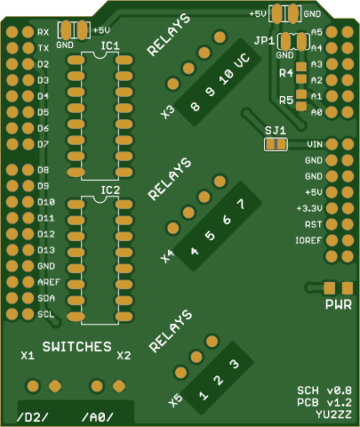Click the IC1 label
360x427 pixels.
coord(110,46)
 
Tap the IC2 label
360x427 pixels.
coord(110,190)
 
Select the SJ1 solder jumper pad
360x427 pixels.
coord(276,144)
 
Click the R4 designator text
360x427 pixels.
coord(286,73)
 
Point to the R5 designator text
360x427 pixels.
coord(286,101)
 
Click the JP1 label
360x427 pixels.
coord(264,41)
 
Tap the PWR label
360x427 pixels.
coord(339,304)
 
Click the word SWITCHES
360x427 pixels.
coord(76,347)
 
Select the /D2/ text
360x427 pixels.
coord(32,417)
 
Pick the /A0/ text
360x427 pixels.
coord(98,417)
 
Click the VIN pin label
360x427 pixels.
coord(315,144)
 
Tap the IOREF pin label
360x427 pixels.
coord(308,240)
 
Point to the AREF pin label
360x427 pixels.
coord(49,282)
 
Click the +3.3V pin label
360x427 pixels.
coord(309,208)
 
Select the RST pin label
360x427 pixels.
coord(314,224)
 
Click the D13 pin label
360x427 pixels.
coord(46,250)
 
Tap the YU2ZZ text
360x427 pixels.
coord(333,415)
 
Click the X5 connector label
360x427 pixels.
coord(175,400)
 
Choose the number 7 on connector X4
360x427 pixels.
coord(241,204)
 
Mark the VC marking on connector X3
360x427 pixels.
coord(242,61)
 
